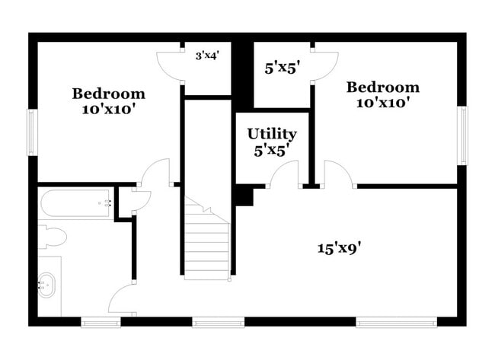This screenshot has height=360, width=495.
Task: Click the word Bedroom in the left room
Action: click(108, 94)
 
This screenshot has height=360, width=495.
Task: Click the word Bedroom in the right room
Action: click(382, 87)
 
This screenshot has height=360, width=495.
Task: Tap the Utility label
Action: click(272, 134)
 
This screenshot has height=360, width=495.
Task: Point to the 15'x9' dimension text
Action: click(339, 247)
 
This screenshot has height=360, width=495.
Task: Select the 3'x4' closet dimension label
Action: click(207, 56)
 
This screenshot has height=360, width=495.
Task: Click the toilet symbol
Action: click(52, 236)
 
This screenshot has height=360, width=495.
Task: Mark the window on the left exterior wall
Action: click(32, 131)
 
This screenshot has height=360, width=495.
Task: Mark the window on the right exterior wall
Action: click(462, 135)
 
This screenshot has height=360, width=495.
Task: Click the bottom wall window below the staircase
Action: click(207, 323)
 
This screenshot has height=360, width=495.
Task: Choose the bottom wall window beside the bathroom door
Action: click(101, 323)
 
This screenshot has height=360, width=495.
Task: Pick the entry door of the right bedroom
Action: click(338, 174)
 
